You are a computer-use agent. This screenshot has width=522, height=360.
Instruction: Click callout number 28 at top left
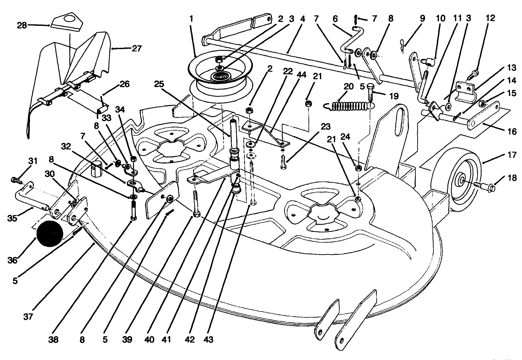pos(22,25)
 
